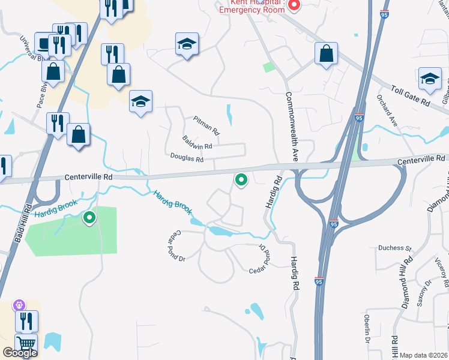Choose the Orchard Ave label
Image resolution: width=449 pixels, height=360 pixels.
click(387, 108)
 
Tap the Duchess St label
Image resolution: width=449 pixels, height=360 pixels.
click(394, 248)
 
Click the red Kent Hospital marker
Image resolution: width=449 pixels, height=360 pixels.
click(294, 5)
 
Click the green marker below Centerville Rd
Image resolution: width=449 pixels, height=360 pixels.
click(241, 179)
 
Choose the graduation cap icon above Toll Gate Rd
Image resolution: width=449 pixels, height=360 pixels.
click(430, 78)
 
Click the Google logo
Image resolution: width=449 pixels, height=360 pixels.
click(20, 353)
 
